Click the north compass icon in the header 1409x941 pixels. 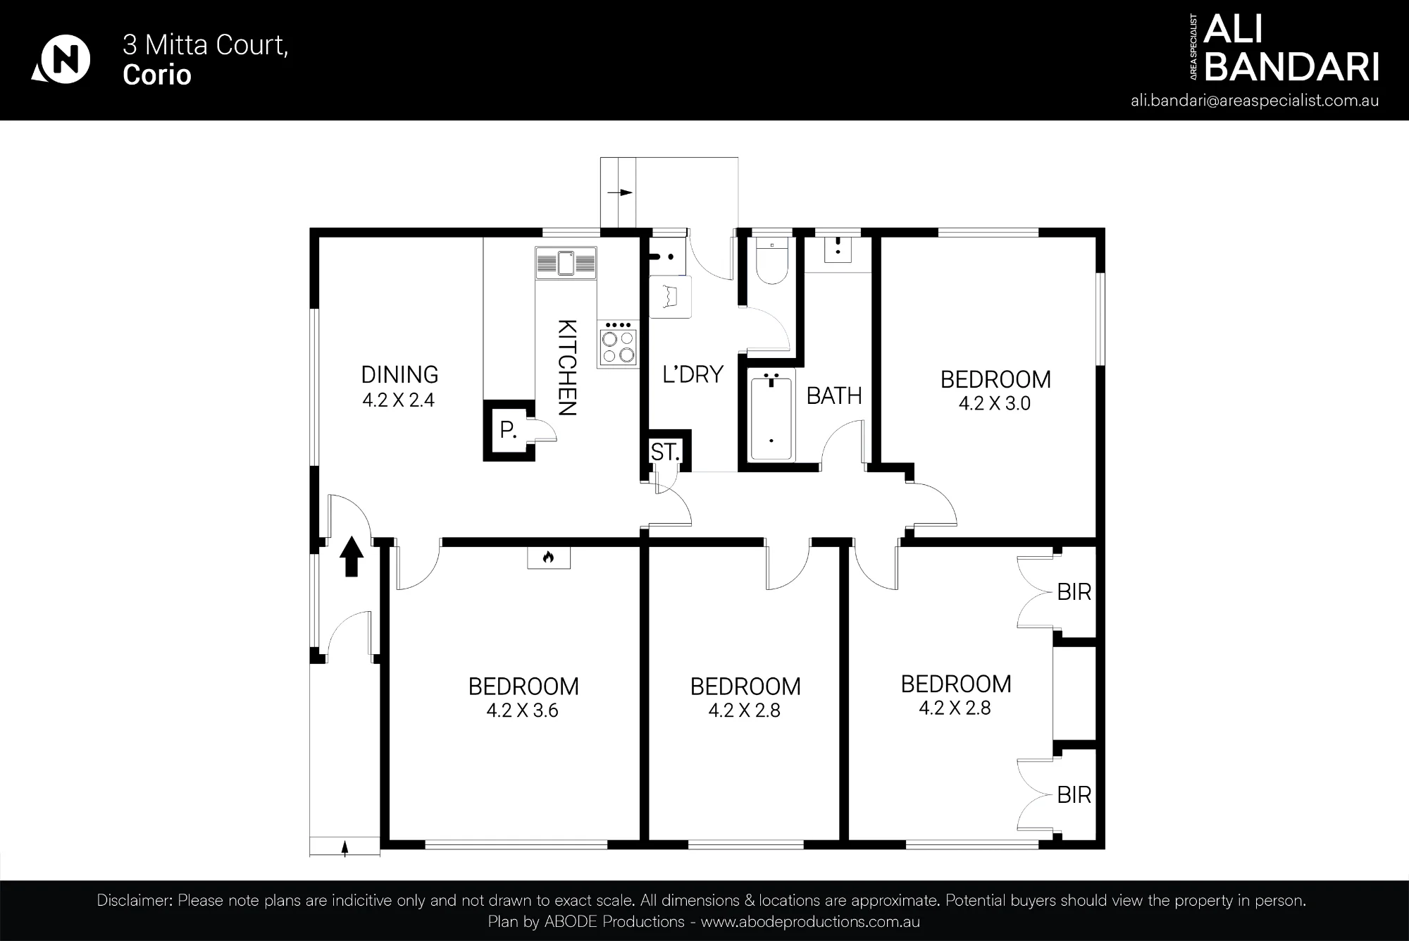pos(61,59)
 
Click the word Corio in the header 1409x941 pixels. pos(157,75)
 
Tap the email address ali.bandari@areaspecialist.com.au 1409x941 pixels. pos(1255,100)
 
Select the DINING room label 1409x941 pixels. pos(399,374)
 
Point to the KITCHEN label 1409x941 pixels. pos(567,368)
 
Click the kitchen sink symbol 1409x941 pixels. pos(566,263)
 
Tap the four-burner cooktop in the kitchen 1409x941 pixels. pos(617,344)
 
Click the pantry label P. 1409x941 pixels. pos(508,429)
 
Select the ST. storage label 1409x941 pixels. pos(665,452)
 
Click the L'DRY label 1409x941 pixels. pos(693,374)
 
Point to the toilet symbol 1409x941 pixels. pos(772,260)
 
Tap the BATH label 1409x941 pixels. pos(834,396)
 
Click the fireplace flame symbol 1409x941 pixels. pos(549,558)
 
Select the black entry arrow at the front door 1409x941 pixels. pos(352,557)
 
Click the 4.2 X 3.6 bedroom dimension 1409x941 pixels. pos(522,711)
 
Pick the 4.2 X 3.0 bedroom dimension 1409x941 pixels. pos(994,403)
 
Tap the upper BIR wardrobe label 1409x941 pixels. pos(1074,592)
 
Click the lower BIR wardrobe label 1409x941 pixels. pos(1074,795)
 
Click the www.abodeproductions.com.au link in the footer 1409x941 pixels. pos(810,922)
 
